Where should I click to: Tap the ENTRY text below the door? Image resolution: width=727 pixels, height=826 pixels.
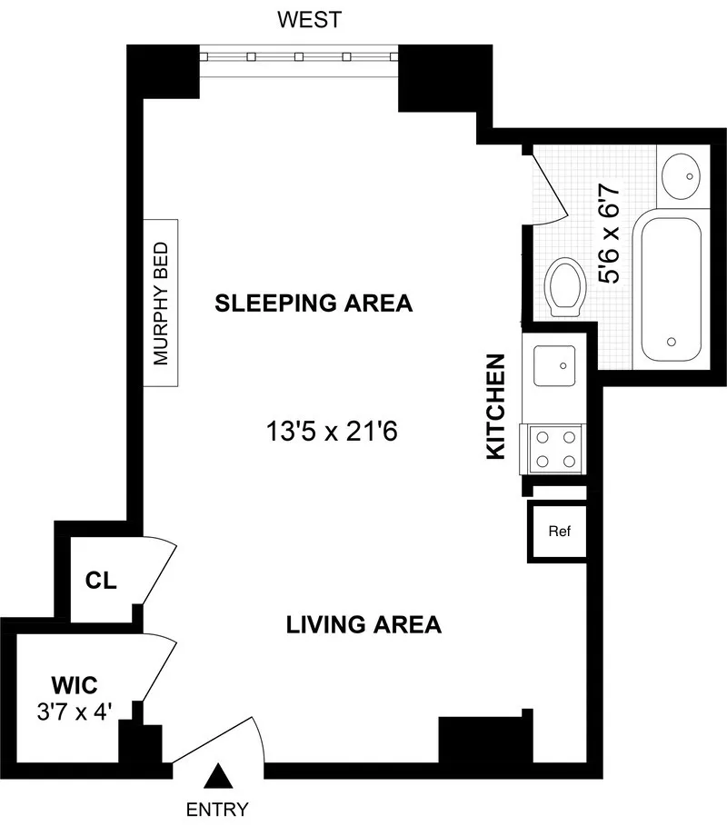(216, 808)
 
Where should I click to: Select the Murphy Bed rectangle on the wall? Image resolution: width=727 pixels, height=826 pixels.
(162, 302)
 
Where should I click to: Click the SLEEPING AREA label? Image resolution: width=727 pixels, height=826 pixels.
(314, 304)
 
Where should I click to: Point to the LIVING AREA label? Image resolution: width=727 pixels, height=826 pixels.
(363, 625)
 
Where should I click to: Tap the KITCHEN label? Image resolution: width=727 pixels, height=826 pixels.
(495, 406)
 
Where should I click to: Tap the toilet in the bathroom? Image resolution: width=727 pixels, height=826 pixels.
(565, 284)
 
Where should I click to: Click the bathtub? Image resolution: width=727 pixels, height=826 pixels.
(672, 286)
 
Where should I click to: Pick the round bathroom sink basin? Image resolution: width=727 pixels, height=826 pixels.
(682, 174)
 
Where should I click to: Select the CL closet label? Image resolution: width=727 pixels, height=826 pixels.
(101, 581)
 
